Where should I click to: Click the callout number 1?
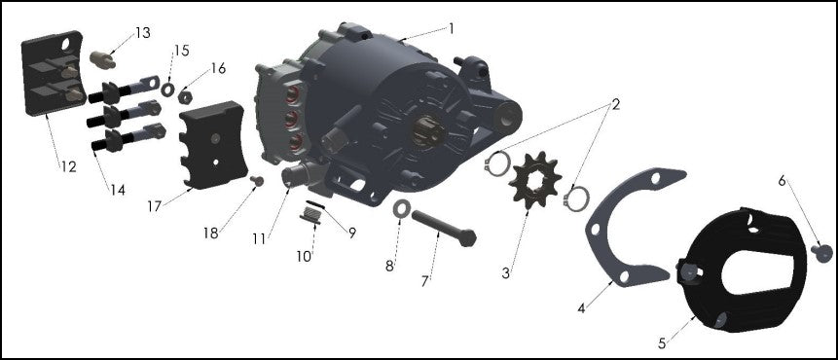tap(451, 28)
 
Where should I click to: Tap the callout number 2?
tap(615, 102)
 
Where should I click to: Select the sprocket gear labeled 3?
tap(531, 182)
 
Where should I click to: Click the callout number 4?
tap(581, 307)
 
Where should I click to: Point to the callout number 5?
tap(663, 342)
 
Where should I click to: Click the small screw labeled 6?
tap(819, 251)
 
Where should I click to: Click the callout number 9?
tap(351, 233)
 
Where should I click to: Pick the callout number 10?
tap(303, 256)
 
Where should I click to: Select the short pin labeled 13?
tap(101, 59)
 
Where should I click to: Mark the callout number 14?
tap(117, 191)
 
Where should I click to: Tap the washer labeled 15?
tap(167, 90)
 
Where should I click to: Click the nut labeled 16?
tap(186, 97)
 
